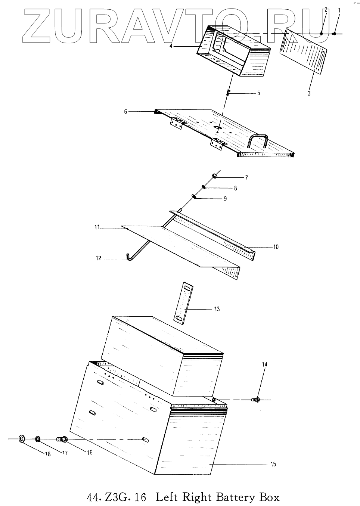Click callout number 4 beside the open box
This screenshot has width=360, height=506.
click(x=171, y=46)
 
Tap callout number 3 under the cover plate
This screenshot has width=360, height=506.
click(x=309, y=93)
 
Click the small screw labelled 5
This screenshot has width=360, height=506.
click(x=229, y=92)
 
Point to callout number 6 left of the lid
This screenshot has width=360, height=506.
click(x=126, y=111)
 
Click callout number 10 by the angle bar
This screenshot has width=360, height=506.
click(x=276, y=247)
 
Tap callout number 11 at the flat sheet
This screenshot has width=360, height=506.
click(x=97, y=227)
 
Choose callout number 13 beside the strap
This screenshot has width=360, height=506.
click(x=217, y=309)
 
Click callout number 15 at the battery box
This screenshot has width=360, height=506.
click(x=273, y=464)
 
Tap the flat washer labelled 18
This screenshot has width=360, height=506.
click(x=21, y=438)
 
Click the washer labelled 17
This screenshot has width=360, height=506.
click(x=38, y=439)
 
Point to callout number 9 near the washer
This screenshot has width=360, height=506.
click(x=225, y=199)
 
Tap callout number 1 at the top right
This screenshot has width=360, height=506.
click(x=339, y=10)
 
